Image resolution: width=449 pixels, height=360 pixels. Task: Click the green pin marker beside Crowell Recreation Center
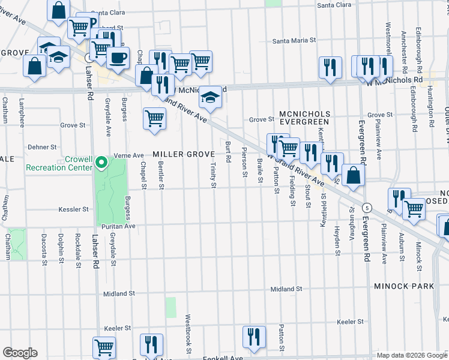(102, 161)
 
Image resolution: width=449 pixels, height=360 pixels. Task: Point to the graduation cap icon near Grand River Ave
(209, 96)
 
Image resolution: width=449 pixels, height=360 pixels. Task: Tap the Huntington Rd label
(432, 107)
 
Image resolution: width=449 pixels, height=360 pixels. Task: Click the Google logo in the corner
(20, 353)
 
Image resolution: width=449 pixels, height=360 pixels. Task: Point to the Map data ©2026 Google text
(412, 355)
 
